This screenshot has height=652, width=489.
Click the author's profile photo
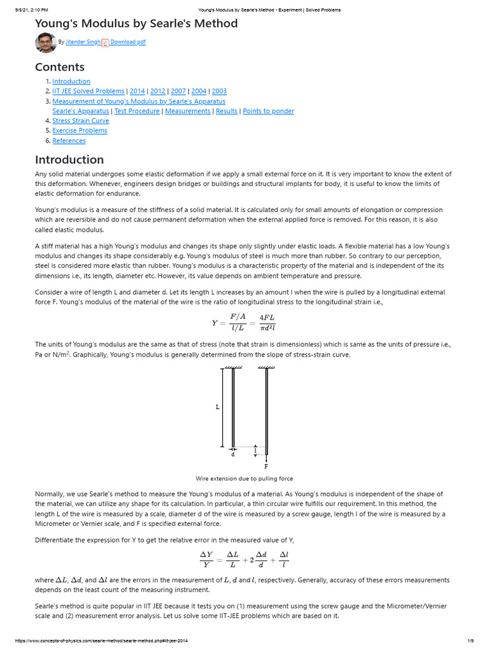[45, 42]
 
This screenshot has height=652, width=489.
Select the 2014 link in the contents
[137, 91]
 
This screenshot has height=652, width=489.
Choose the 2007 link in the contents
[178, 91]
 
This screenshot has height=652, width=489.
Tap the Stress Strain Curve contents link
[80, 120]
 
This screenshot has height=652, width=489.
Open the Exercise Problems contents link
[80, 131]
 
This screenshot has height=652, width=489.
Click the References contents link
[69, 141]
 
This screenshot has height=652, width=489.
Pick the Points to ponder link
[268, 111]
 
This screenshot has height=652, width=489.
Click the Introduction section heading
[69, 159]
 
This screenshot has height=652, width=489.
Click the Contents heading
[59, 67]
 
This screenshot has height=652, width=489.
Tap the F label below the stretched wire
[266, 466]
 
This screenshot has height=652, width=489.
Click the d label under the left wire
[233, 455]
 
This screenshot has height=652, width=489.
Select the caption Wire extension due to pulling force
[244, 478]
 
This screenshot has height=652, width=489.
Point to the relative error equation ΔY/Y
[244, 558]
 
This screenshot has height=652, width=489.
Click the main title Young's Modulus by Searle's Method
[136, 24]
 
